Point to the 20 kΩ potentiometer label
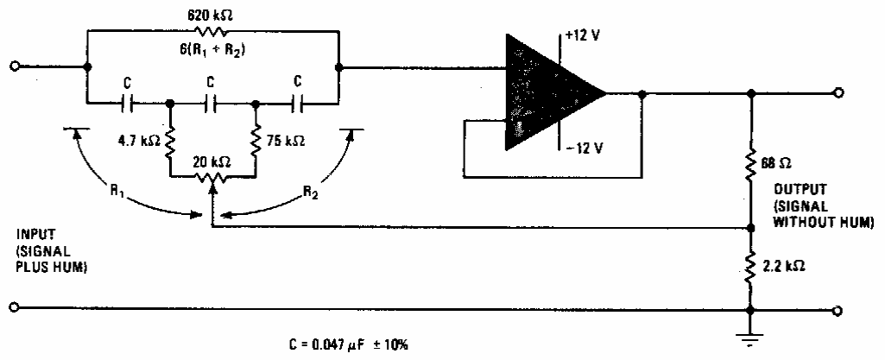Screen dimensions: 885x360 pos(213,162)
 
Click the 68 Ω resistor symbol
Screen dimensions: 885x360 pos(750,162)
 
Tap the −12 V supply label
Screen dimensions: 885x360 pos(583,148)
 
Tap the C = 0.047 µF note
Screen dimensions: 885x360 pos(348,344)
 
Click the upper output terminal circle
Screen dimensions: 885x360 pos(838,92)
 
